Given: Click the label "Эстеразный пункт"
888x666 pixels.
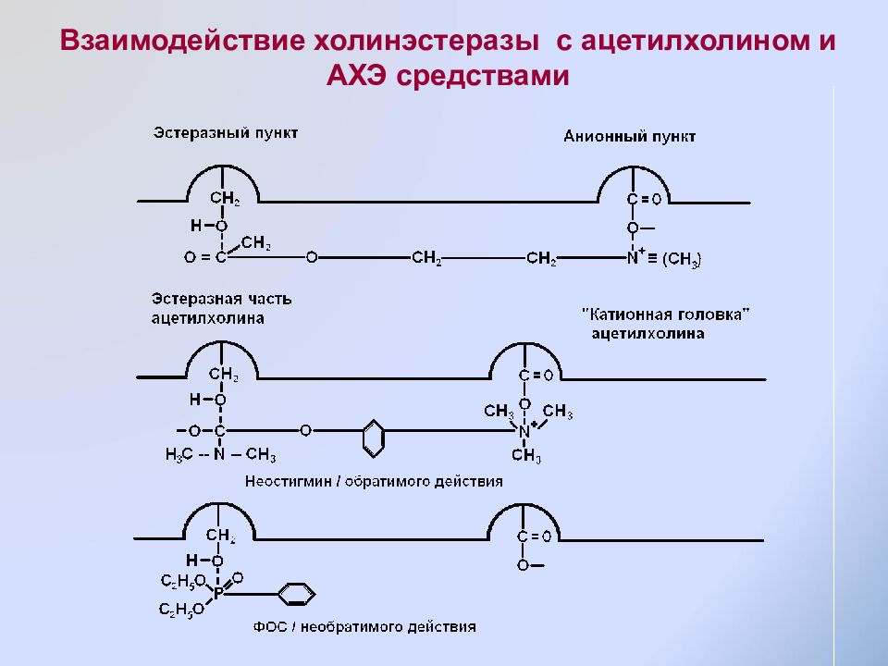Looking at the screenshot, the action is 226,133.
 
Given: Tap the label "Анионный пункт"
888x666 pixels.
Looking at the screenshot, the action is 629,137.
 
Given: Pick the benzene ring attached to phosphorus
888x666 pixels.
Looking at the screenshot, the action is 297,594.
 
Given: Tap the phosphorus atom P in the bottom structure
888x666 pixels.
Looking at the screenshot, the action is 218,594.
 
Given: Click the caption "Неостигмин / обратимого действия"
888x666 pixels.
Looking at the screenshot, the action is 374,481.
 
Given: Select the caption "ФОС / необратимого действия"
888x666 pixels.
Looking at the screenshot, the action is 364,627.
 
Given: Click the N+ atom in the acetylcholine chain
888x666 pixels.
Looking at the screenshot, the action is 635,256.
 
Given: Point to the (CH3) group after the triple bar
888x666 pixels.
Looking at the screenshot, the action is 682,259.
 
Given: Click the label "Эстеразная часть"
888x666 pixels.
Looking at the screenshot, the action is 221,299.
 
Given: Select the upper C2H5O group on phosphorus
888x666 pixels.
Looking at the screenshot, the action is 183,581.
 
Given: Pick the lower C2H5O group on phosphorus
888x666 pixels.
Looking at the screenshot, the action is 181,610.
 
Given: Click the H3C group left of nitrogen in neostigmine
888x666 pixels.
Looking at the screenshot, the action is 179,454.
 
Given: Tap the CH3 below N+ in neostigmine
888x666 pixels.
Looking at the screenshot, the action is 526,455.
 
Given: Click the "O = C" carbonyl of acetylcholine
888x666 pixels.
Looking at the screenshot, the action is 205,257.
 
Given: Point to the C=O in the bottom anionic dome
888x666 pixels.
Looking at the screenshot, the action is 534,536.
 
